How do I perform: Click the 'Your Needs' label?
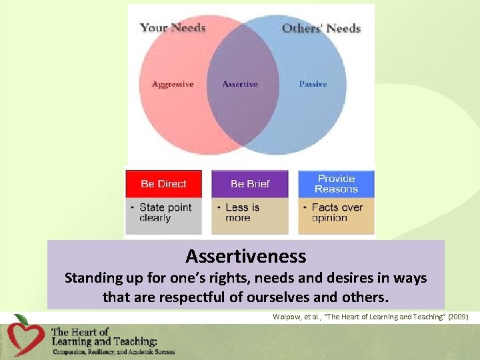coord(173,28)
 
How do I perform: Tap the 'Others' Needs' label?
coord(321,28)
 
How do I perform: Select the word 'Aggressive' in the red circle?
coord(173,84)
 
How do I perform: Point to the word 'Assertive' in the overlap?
coord(240,84)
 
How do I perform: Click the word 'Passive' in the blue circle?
coord(313,84)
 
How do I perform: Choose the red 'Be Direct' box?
coord(163,184)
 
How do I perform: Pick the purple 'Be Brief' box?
coord(250,184)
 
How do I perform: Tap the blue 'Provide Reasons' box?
coord(336,184)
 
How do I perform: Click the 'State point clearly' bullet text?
coord(165,213)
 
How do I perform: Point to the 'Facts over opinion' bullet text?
coord(337,213)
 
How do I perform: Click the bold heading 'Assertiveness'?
coord(246,256)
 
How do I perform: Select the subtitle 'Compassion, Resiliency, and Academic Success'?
coord(113,351)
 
